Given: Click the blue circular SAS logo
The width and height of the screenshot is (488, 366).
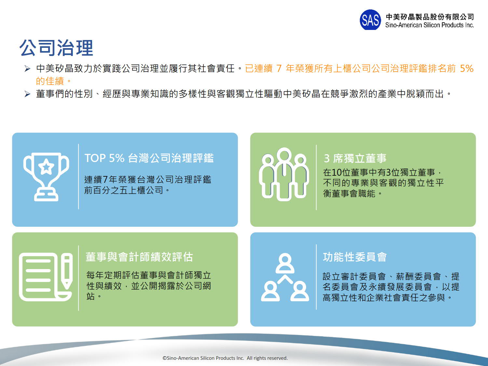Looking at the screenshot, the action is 370,20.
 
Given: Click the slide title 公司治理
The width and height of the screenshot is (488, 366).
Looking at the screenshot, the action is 56,48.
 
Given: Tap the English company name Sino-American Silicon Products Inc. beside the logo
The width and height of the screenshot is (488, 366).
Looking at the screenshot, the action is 429,25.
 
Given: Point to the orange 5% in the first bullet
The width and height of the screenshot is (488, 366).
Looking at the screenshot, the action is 467,68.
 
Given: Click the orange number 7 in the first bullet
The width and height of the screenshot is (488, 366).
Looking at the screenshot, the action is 279,68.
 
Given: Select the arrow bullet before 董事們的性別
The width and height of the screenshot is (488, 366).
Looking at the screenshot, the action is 27,94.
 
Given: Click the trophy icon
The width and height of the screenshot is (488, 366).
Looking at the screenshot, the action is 46,177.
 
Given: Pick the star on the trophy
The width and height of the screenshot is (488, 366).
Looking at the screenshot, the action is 46,166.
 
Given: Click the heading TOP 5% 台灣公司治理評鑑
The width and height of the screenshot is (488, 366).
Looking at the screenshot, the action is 149,158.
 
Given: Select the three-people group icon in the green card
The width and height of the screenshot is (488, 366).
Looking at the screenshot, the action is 284,174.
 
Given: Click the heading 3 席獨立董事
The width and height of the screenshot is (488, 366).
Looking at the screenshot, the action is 355,158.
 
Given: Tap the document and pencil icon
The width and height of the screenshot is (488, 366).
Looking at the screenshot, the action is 46,277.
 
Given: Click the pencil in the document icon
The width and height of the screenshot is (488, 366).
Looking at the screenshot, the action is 67,271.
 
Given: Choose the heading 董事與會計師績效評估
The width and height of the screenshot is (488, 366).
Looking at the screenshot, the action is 139,257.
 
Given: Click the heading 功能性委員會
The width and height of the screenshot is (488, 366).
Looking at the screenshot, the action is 355,257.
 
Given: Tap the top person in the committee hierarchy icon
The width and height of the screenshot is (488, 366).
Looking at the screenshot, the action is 285,263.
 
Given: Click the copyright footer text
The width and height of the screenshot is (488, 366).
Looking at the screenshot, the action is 225,358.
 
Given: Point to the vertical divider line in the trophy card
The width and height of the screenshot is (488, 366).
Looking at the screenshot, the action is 78,177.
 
